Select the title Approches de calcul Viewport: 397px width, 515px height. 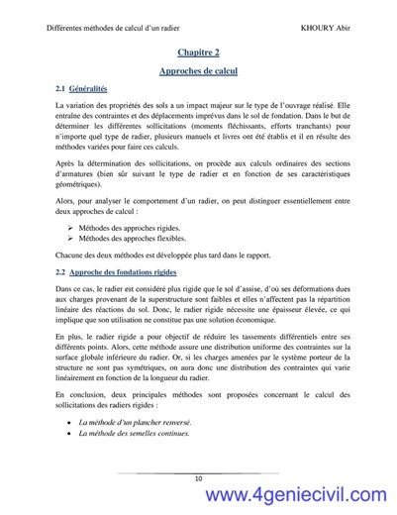pyautogui.click(x=198, y=72)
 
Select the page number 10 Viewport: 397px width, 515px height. pyautogui.click(x=199, y=479)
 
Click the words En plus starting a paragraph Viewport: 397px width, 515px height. pyautogui.click(x=69, y=338)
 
